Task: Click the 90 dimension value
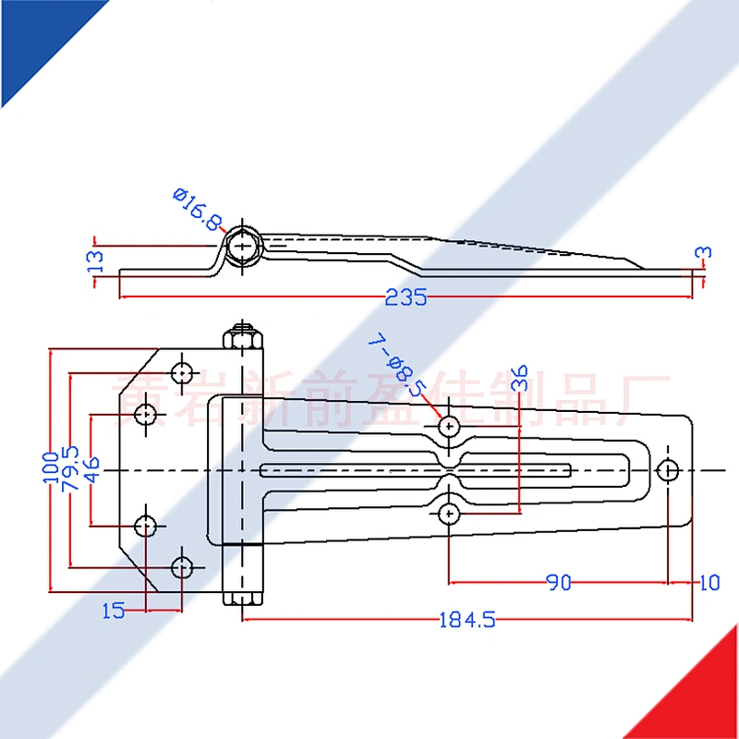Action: (x=558, y=582)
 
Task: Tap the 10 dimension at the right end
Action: (x=709, y=582)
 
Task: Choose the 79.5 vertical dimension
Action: (x=71, y=466)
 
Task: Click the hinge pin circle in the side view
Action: (x=245, y=246)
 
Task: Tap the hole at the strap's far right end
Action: (x=668, y=469)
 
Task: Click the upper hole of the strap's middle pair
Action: (x=450, y=426)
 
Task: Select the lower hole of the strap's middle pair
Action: (x=450, y=512)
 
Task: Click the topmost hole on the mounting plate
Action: (x=184, y=372)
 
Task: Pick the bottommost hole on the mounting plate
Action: (x=184, y=564)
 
